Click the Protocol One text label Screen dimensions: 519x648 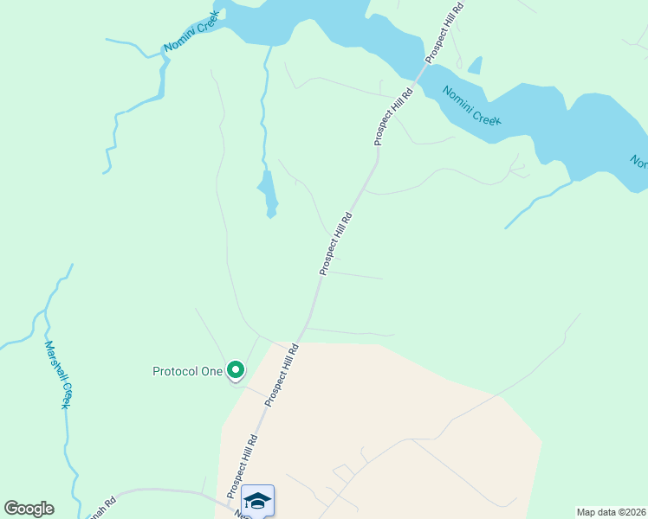pos(187,372)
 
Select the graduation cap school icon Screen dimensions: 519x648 pos(257,500)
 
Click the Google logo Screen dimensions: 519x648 pos(29,509)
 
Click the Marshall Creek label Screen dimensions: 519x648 pos(56,373)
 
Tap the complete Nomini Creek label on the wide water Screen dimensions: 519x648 pos(471,106)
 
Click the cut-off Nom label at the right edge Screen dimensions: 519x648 pos(638,163)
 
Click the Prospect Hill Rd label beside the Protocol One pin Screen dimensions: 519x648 pos(282,375)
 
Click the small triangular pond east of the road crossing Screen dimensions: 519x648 pos(474,66)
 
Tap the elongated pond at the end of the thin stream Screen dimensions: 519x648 pos(269,193)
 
